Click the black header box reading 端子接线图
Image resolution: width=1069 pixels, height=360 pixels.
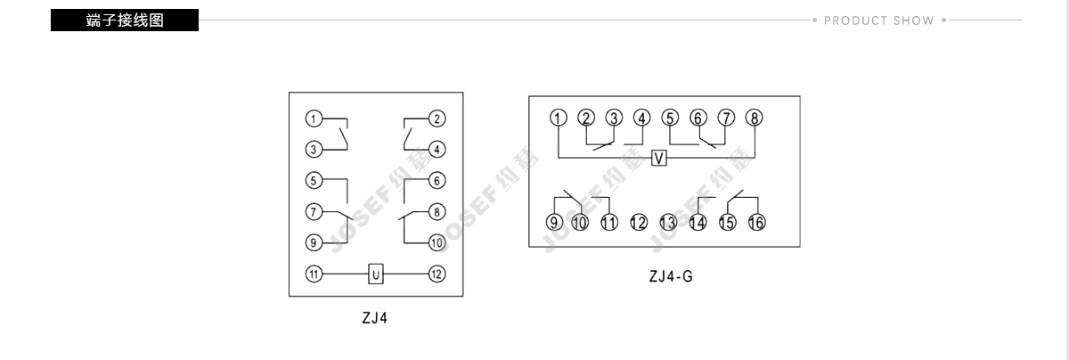click(125, 20)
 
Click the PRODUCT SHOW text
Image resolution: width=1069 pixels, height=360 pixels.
click(878, 20)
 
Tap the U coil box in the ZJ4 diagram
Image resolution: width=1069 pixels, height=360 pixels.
click(376, 274)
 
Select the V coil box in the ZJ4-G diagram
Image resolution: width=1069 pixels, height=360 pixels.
click(659, 158)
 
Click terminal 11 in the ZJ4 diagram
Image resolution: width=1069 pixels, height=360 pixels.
click(314, 274)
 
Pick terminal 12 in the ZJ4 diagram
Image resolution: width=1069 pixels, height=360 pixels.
click(437, 274)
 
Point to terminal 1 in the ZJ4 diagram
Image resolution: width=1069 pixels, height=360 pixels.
click(314, 119)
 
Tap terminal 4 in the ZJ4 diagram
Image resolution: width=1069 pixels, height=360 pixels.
click(437, 149)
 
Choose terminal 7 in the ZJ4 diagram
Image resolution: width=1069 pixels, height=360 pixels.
click(314, 211)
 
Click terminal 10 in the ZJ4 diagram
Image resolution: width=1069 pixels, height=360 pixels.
click(437, 242)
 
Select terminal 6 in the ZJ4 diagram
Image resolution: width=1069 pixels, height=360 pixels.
click(437, 181)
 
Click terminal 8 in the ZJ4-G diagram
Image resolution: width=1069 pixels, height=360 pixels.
click(754, 118)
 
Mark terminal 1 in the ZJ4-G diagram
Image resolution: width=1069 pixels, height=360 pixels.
click(559, 118)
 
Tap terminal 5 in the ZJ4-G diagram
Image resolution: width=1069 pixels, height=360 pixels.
click(670, 118)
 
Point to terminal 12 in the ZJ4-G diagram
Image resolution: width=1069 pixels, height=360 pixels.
click(639, 222)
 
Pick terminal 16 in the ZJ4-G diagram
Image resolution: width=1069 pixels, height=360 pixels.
click(757, 222)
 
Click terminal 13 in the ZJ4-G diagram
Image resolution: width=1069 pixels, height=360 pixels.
click(668, 222)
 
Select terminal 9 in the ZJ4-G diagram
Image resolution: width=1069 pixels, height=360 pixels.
click(554, 222)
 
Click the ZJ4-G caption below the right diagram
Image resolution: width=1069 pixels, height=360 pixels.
click(671, 276)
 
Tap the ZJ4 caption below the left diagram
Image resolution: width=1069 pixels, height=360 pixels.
click(375, 318)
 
